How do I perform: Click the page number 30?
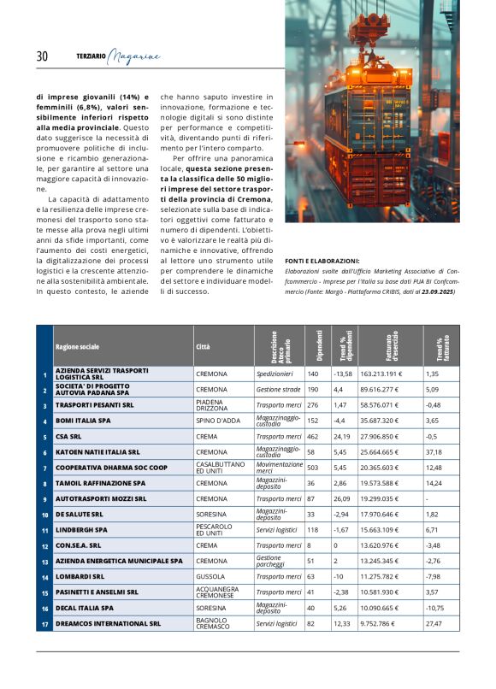tap(42, 56)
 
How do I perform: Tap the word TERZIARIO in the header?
tap(92, 56)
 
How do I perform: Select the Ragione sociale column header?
tap(77, 347)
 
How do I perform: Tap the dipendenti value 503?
tap(312, 468)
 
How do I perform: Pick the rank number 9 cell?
tap(44, 498)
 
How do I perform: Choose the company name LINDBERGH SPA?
tap(81, 530)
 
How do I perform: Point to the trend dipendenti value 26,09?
tap(341, 498)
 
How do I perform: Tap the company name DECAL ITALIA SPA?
tap(85, 608)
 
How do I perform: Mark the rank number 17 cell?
tap(44, 624)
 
